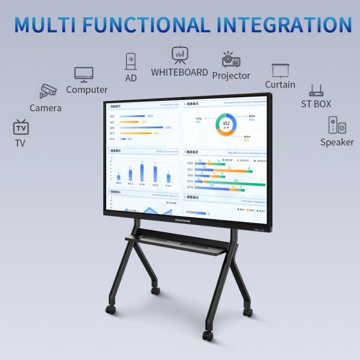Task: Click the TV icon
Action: click(20, 127)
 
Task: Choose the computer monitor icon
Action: click(83, 74)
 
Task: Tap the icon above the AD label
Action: click(131, 61)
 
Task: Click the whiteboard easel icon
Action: click(179, 55)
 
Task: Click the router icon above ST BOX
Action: click(316, 91)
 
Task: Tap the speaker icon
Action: click(337, 125)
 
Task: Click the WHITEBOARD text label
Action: click(179, 73)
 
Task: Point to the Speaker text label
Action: click(337, 142)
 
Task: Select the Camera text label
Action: click(46, 108)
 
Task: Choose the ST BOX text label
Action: click(316, 104)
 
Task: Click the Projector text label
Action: click(231, 76)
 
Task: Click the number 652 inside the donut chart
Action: click(226, 123)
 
